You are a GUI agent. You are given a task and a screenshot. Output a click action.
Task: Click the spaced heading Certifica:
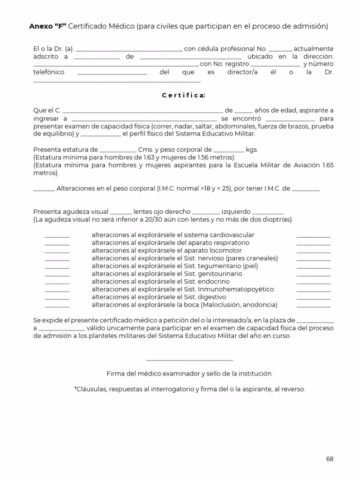(183, 96)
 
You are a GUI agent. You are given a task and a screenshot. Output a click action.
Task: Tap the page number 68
(330, 459)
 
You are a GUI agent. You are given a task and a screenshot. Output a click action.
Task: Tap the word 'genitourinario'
(221, 274)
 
